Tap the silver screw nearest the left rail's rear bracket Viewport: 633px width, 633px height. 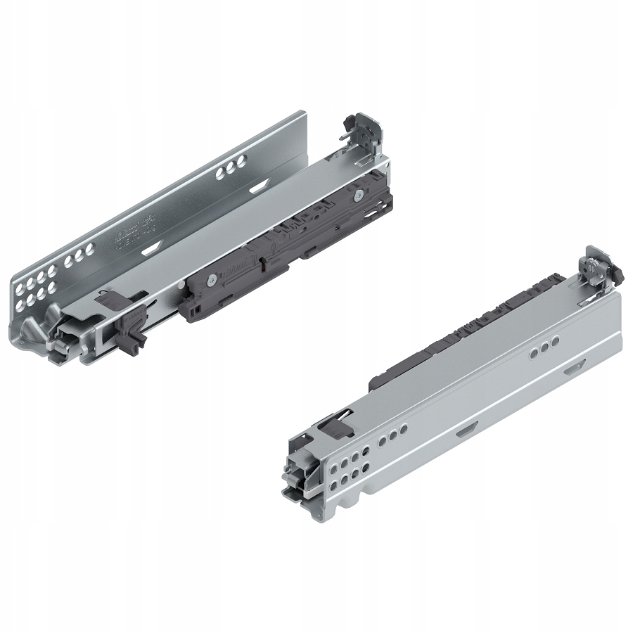click(x=359, y=194)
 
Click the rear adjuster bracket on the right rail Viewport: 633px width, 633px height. click(x=598, y=271)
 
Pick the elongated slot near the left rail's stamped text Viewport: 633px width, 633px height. click(x=154, y=249)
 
